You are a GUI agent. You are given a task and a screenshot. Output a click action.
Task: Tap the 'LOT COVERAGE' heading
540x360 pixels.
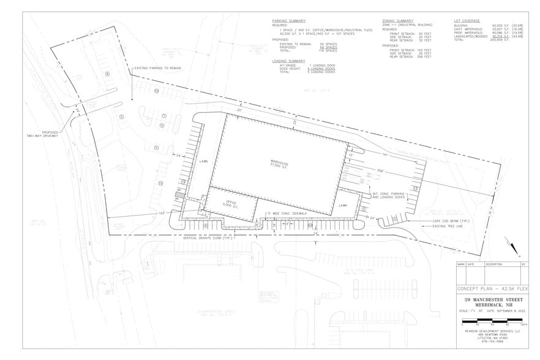coord(467,20)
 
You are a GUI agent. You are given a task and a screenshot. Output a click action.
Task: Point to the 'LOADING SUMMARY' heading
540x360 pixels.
coord(288,61)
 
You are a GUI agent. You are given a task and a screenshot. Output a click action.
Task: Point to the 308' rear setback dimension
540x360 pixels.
coord(380,170)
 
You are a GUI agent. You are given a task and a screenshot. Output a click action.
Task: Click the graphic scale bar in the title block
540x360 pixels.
coord(488,321)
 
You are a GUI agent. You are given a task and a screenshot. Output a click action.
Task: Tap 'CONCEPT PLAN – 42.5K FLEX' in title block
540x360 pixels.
coord(489,288)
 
